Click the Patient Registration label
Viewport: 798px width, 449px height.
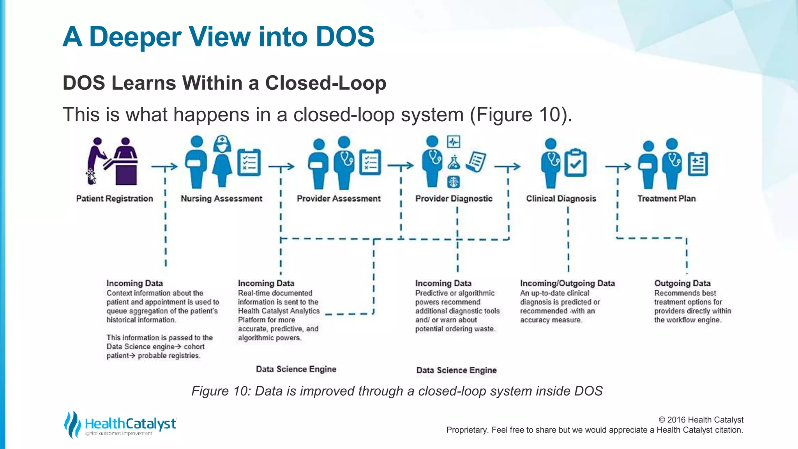click(x=115, y=199)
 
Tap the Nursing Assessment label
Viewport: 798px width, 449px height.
click(x=221, y=199)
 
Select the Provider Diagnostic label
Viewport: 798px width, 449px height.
click(x=454, y=199)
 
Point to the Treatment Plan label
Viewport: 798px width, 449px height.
click(x=666, y=199)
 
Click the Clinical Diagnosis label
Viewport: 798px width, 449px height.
click(x=561, y=199)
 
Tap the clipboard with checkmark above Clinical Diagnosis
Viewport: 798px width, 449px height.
click(x=576, y=163)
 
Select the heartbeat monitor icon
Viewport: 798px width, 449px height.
click(x=454, y=142)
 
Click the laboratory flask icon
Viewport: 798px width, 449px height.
click(x=454, y=163)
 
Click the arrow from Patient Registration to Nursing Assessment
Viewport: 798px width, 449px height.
click(x=164, y=167)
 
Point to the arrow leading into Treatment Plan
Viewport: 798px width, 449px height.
click(x=618, y=167)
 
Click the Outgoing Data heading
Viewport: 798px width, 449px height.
click(x=682, y=283)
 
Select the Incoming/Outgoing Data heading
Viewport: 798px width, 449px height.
click(x=567, y=283)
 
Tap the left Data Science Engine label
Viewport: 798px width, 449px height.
click(x=296, y=369)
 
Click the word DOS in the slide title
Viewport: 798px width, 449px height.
click(x=345, y=37)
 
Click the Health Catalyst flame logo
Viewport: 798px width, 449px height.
click(x=72, y=424)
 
